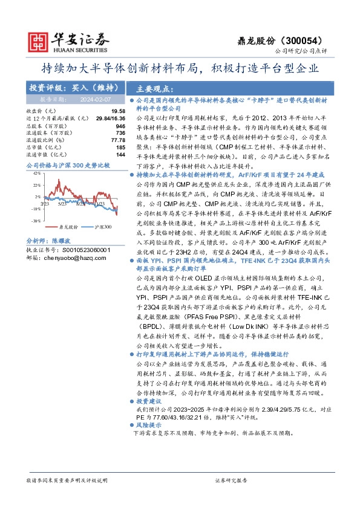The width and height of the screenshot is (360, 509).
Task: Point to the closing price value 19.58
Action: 118,111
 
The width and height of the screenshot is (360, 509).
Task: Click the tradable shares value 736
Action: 120,133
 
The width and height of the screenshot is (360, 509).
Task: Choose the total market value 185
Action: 120,148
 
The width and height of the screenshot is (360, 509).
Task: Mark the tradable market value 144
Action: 120,155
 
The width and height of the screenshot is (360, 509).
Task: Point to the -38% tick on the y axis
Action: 36,221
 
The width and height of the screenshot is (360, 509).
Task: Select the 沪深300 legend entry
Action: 103,227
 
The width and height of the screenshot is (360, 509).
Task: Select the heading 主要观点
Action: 155,87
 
